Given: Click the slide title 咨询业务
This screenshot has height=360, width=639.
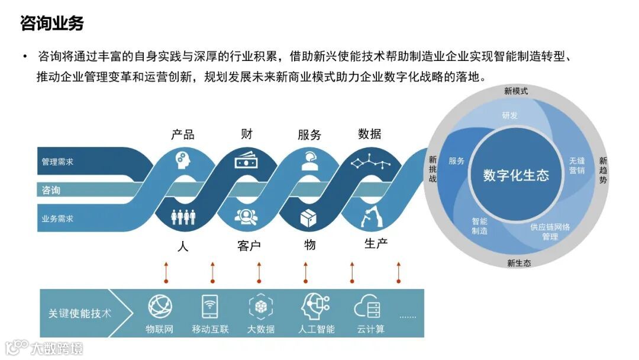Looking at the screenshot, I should click(52, 24).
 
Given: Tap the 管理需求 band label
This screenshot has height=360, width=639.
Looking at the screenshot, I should click(57, 162).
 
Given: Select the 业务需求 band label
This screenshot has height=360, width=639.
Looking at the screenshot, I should click(57, 218).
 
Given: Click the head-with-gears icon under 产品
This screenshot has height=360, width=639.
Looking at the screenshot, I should click(182, 160).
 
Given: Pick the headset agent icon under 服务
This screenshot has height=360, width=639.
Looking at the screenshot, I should click(309, 160).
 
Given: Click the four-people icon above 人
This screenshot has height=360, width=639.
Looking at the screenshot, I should click(183, 217).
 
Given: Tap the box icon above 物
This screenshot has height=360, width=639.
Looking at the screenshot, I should click(309, 218).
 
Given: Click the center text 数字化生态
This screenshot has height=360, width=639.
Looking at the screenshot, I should click(516, 175).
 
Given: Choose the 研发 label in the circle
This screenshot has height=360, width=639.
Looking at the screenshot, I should click(509, 115).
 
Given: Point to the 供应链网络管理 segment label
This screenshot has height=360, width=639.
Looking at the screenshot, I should click(550, 232).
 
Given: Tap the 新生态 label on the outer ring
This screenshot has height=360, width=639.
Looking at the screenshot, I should click(519, 263).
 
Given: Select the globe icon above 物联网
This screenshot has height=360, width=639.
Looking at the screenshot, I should click(160, 307).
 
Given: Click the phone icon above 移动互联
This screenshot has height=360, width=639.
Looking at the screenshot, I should click(209, 307).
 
